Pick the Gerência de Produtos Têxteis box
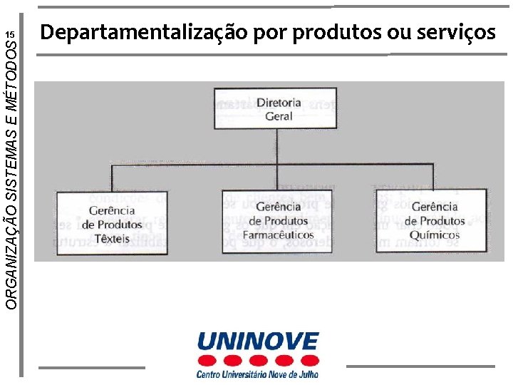point(113,222)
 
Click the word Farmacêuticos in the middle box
point(279,235)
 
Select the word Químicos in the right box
point(436,235)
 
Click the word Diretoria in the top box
point(279,103)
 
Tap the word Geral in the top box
point(279,115)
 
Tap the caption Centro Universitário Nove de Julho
point(257,373)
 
